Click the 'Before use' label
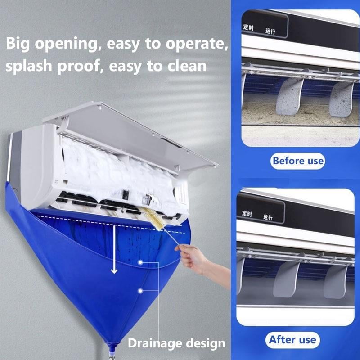298,161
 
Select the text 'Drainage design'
176,343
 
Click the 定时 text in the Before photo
248,27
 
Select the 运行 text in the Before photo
270,31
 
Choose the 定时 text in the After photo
247,212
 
